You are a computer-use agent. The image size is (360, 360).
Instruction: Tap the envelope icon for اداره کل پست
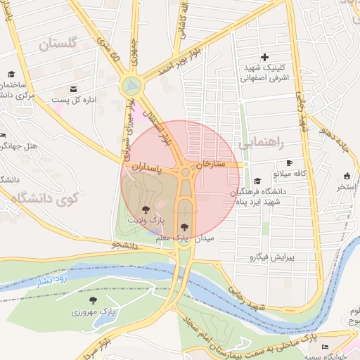[x=74, y=89]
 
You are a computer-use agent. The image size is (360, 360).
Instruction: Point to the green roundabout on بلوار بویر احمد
[x=131, y=86]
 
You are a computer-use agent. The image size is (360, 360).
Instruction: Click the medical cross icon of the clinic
[x=264, y=57]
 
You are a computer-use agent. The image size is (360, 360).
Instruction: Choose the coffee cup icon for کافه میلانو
[x=288, y=163]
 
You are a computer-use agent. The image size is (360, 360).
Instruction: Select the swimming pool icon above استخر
[x=347, y=176]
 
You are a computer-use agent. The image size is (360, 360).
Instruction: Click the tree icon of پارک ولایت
[x=146, y=209]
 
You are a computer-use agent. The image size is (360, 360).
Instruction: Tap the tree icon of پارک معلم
[x=184, y=226]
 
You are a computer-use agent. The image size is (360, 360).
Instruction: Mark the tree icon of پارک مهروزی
[x=94, y=300]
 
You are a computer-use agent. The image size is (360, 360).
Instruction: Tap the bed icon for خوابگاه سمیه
[x=324, y=347]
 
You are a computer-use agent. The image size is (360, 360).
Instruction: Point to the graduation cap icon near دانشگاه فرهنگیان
[x=257, y=181]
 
